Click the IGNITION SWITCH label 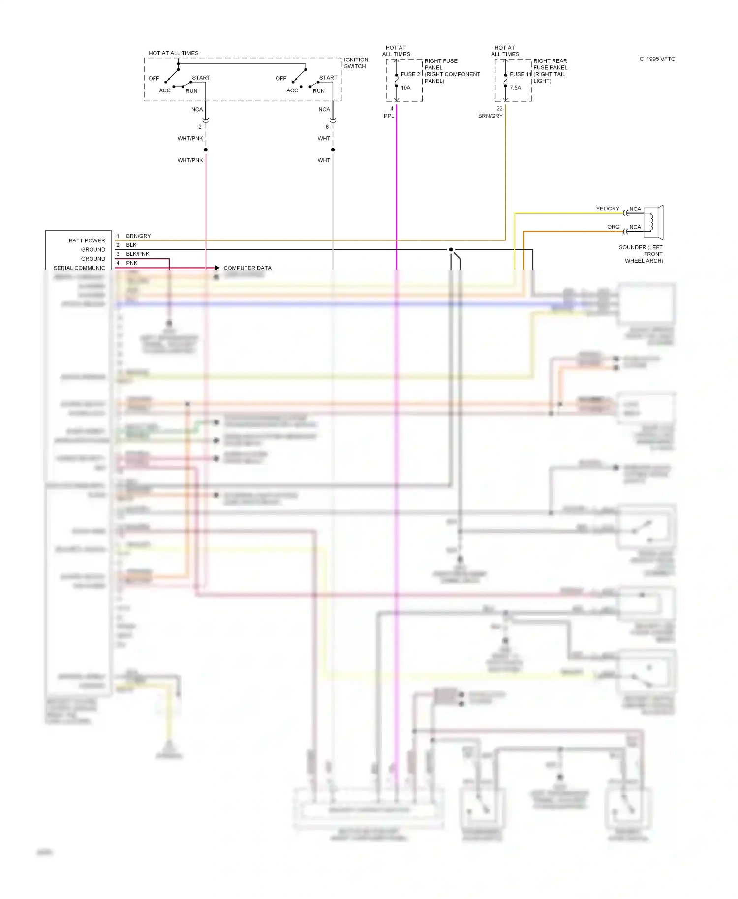coord(356,63)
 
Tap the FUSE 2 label coord(410,74)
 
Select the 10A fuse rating coord(405,88)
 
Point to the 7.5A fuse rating coord(515,88)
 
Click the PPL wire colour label coord(389,116)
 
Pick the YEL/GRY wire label coord(608,209)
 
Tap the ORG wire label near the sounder coord(613,227)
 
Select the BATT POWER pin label coord(87,240)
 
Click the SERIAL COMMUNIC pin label coord(79,268)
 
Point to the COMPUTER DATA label coord(247,268)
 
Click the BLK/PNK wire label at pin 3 coord(137,254)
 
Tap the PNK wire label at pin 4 coord(132,263)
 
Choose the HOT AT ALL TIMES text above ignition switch coord(173,53)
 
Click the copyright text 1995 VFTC coord(657,59)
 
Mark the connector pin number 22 coord(499,109)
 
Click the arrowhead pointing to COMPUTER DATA coord(216,268)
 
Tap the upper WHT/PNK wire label coord(190,139)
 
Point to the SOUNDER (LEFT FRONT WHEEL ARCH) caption coord(641,254)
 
